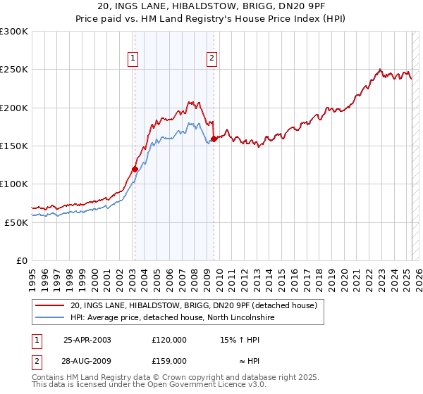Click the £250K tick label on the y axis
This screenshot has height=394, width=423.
(x=14, y=70)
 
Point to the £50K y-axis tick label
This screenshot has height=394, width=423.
(x=16, y=222)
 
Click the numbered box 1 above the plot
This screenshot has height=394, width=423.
(x=133, y=59)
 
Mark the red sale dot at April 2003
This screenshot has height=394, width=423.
(x=135, y=169)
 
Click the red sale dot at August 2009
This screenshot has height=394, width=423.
(x=214, y=139)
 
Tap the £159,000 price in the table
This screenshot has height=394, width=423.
(x=168, y=360)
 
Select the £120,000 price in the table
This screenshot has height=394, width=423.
(x=168, y=338)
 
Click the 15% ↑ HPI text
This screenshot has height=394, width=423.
(x=240, y=338)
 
